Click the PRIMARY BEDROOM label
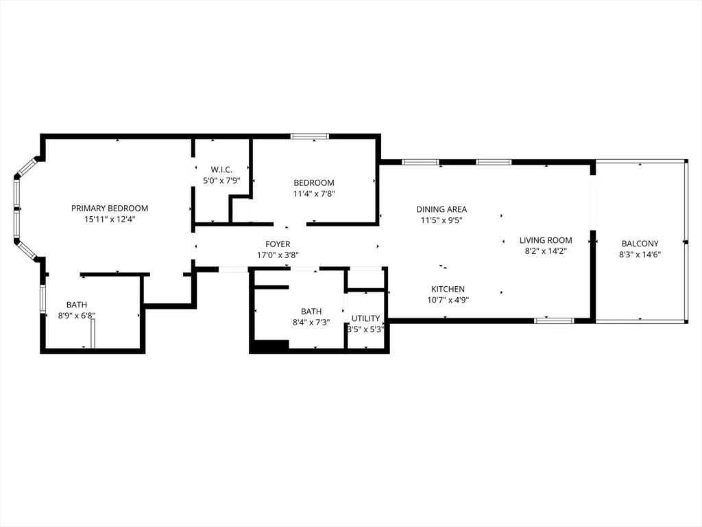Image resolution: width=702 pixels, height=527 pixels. coord(110,209)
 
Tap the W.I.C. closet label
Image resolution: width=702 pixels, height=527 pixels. coord(221,170)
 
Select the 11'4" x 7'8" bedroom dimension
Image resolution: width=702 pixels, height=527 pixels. coord(314,194)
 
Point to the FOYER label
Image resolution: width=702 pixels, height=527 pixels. coord(278,244)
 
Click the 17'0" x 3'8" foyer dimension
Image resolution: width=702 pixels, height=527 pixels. coord(278,255)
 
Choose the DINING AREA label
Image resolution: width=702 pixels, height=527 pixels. coord(441,209)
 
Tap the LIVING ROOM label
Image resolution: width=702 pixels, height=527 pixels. coord(546,240)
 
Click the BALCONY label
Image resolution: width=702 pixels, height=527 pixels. coord(640,244)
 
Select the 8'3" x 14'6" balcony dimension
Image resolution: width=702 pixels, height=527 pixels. coord(640,255)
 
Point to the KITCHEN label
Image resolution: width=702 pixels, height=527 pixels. coord(448,290)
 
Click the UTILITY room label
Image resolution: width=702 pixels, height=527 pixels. coord(366,318)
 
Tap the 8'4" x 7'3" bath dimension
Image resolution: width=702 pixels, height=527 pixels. coord(311,323)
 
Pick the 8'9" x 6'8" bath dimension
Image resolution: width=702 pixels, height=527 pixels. coord(77,316)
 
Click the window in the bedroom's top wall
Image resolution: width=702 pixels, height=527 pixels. coord(310,137)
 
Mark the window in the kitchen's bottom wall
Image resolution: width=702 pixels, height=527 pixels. coord(554,320)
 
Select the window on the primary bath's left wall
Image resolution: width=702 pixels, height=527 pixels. coord(43,299)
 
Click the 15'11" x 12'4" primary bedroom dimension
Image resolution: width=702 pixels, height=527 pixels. coord(110,220)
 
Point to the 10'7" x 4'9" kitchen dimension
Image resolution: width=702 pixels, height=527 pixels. coord(448,301)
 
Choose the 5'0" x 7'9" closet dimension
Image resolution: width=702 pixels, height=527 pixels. coord(221,181)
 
